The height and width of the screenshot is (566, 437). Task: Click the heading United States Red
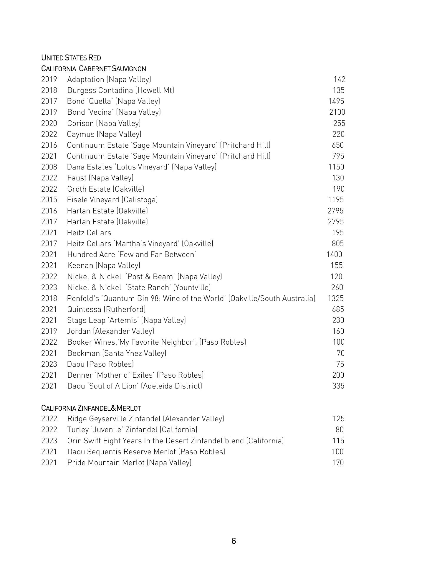point(71,58)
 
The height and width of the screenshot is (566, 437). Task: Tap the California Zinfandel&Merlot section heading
point(91,408)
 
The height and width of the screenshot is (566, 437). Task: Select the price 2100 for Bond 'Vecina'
point(337,112)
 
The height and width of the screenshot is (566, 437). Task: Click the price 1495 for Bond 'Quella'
point(336,101)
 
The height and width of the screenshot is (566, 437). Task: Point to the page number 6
point(234,541)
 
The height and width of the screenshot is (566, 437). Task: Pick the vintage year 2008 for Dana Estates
point(49,167)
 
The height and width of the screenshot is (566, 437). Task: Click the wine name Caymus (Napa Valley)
point(104,134)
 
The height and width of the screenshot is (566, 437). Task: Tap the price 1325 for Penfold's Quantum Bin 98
point(336,298)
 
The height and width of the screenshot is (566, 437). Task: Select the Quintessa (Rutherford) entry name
point(106,309)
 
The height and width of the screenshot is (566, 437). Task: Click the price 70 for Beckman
point(340,353)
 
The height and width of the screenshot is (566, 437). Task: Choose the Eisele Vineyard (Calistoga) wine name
point(112,200)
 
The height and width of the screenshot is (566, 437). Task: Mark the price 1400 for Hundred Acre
point(334,254)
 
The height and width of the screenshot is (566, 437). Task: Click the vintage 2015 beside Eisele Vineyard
point(49,200)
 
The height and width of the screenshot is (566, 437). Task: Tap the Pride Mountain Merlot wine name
point(129,463)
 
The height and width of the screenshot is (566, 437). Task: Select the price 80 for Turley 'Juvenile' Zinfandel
point(340,430)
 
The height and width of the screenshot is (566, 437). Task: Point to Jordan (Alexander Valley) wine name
point(110,331)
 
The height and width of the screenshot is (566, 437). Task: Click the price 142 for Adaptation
point(339,79)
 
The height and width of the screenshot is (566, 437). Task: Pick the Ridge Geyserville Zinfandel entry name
point(145,419)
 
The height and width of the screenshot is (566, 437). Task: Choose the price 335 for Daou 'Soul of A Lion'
point(338,386)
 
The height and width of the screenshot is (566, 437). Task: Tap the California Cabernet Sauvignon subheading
point(94,69)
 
